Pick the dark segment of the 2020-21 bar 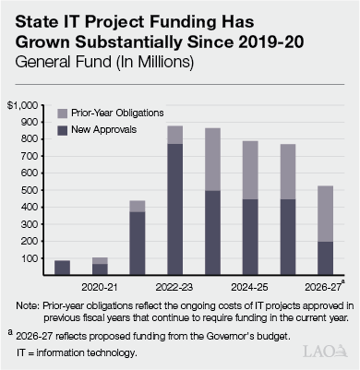(x=99, y=269)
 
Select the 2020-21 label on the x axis (x=99, y=287)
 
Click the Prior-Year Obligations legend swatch (x=63, y=113)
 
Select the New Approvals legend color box (x=63, y=130)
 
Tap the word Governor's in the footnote (x=231, y=336)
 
